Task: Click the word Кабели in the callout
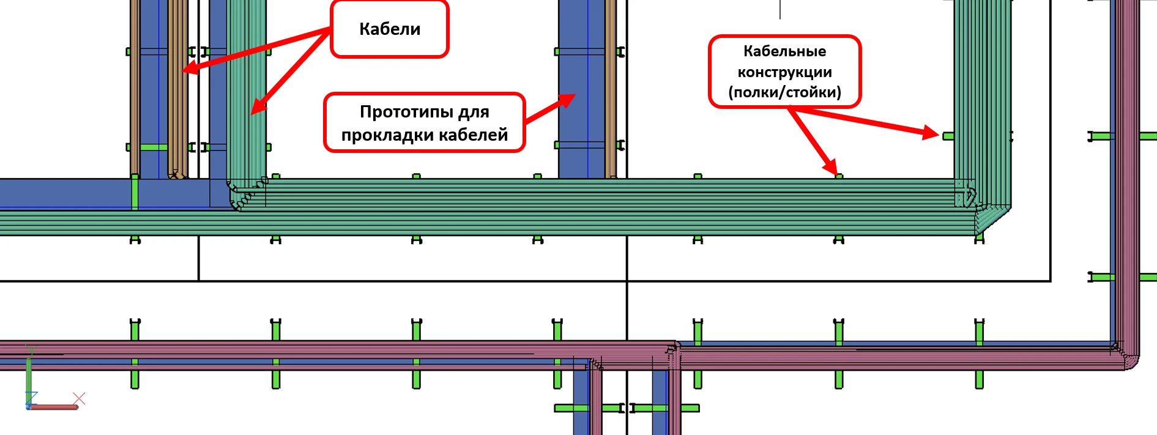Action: tap(390, 29)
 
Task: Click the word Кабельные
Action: tap(784, 51)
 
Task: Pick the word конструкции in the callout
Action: tap(784, 72)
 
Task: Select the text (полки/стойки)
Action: tap(784, 92)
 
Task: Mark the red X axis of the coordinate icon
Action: tap(52, 407)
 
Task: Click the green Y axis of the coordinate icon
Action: tap(28, 377)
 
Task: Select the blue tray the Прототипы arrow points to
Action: tap(581, 89)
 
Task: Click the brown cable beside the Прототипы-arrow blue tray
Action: tap(611, 89)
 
